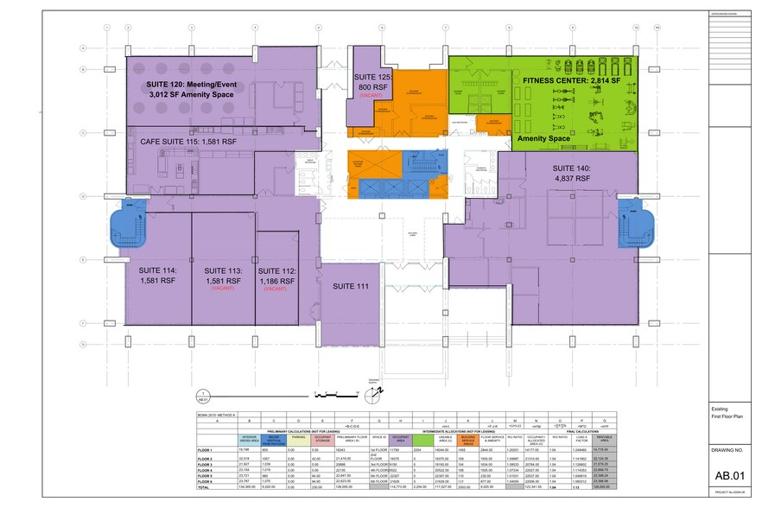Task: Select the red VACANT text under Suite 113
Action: pos(224,289)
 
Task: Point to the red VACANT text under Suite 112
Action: pos(276,289)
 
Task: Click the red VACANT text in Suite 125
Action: pos(373,98)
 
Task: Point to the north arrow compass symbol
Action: pos(372,395)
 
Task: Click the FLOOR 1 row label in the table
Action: pos(205,451)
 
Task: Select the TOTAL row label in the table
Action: pos(204,489)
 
